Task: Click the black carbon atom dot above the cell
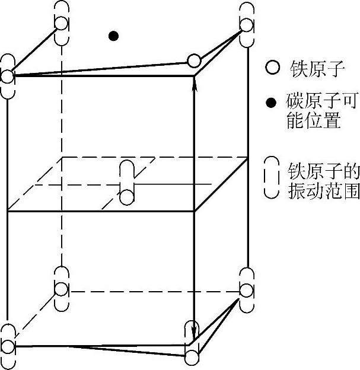(x=113, y=36)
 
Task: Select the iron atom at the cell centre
(x=127, y=195)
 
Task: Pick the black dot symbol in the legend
(x=272, y=103)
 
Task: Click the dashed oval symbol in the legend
(x=272, y=177)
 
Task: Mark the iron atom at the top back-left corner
(x=61, y=23)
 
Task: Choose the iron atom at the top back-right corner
(x=247, y=25)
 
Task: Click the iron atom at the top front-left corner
(x=7, y=76)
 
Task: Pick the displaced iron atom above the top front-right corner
(x=193, y=60)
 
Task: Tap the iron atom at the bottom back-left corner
(x=61, y=289)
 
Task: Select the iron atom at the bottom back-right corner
(x=247, y=290)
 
